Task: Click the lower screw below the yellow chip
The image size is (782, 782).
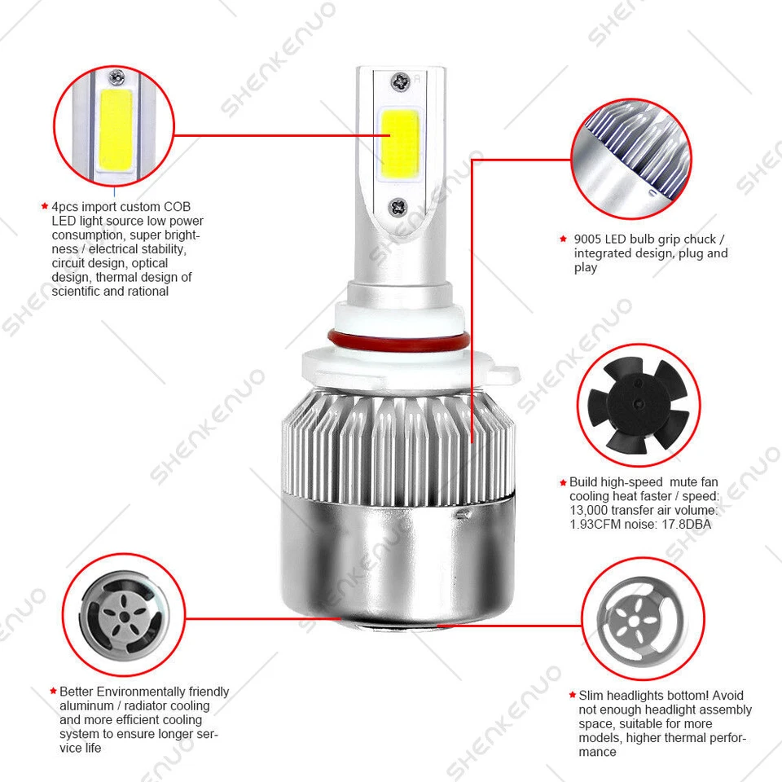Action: point(398,206)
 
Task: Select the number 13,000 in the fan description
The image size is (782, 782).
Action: point(594,510)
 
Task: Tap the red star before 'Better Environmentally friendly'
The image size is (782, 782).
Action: point(53,692)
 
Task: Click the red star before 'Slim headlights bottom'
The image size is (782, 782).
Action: point(573,696)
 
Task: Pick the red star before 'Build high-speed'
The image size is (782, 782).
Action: point(563,482)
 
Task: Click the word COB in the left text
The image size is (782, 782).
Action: point(174,207)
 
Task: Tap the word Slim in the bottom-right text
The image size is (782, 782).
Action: point(593,696)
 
